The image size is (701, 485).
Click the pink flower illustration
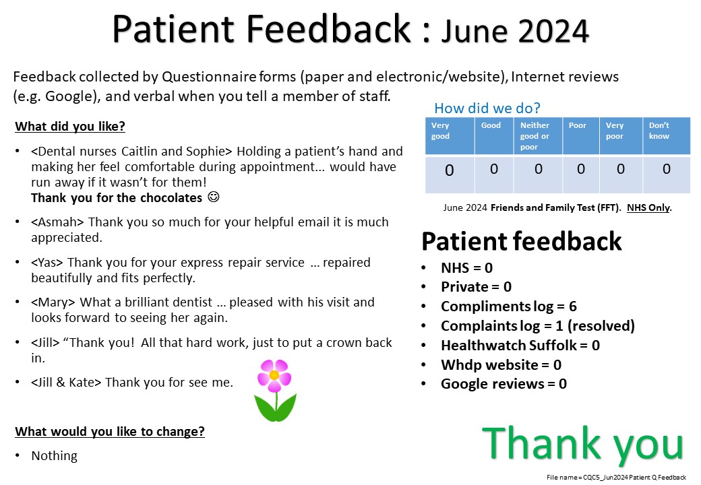click(275, 390)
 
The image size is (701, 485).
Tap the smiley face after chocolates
click(214, 197)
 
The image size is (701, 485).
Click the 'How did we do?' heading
click(487, 108)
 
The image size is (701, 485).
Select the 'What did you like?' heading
click(70, 127)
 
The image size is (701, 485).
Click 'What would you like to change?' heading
click(110, 431)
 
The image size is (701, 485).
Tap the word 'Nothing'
click(54, 455)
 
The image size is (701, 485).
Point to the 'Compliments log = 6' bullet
click(509, 306)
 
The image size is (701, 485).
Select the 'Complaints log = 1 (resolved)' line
click(538, 326)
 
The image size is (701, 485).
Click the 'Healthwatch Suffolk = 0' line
click(520, 345)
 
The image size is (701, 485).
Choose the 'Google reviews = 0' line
click(504, 384)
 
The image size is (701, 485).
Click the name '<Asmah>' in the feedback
click(57, 222)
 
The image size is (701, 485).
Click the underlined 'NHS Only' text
click(648, 207)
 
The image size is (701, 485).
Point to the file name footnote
click(616, 478)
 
